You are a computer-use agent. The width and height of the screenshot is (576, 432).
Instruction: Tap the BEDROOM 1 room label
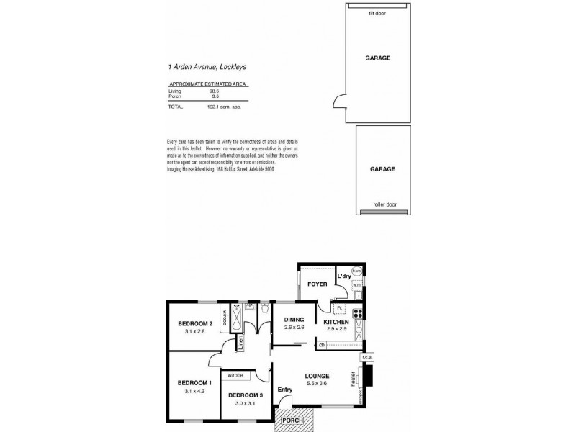pos(194,382)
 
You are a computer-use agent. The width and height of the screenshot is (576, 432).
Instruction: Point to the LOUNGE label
pos(317,376)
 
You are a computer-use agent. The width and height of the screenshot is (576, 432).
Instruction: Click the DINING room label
pos(294,320)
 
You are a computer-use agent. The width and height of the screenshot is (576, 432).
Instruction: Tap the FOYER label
pos(318,284)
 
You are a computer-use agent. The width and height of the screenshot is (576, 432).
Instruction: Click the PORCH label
pos(293,420)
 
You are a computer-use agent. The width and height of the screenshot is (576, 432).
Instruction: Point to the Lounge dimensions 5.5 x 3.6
pos(317,384)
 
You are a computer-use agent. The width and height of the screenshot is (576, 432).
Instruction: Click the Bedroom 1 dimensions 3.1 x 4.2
pos(194,391)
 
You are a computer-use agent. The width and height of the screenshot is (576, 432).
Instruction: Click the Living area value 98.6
pos(213,91)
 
